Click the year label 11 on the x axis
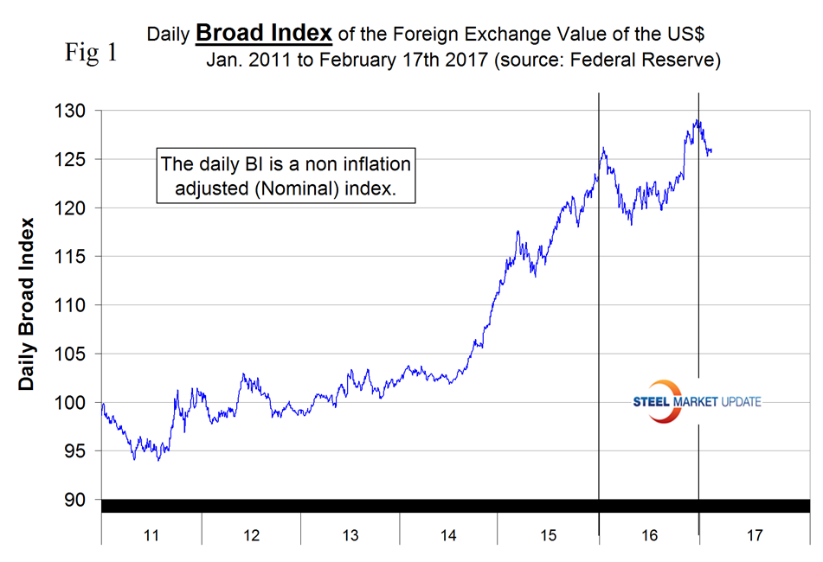click(151, 536)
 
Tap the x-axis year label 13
click(350, 536)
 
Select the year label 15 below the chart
click(549, 536)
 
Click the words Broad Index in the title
click(263, 33)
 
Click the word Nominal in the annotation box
click(319, 188)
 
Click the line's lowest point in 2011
click(158, 460)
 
